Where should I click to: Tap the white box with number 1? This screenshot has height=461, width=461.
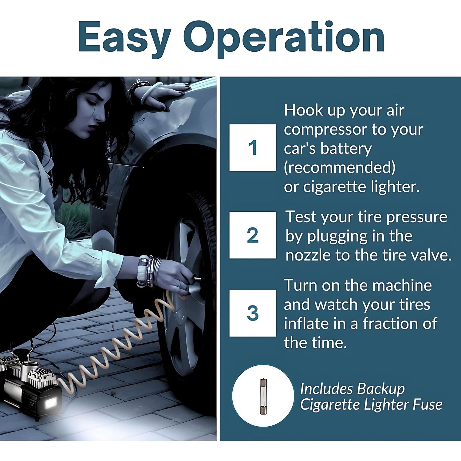[x=253, y=148]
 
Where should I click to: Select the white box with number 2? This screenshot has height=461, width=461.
[x=253, y=235]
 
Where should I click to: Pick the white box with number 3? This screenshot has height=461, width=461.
[x=253, y=313]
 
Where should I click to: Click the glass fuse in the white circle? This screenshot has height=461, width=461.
[x=263, y=396]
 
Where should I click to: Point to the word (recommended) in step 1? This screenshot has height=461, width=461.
[x=340, y=167]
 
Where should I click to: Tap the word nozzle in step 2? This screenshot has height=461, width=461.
[x=308, y=255]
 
